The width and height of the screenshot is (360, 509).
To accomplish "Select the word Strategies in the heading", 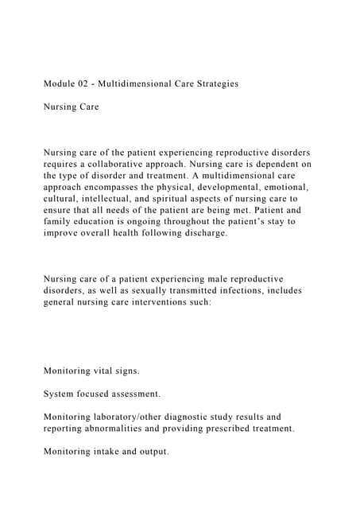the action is [x=210, y=83].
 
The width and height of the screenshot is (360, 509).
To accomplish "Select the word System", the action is [x=60, y=394].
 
